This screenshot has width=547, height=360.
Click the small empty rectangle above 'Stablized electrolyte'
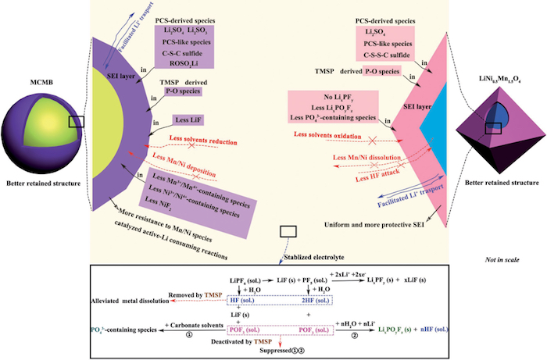point(288,230)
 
